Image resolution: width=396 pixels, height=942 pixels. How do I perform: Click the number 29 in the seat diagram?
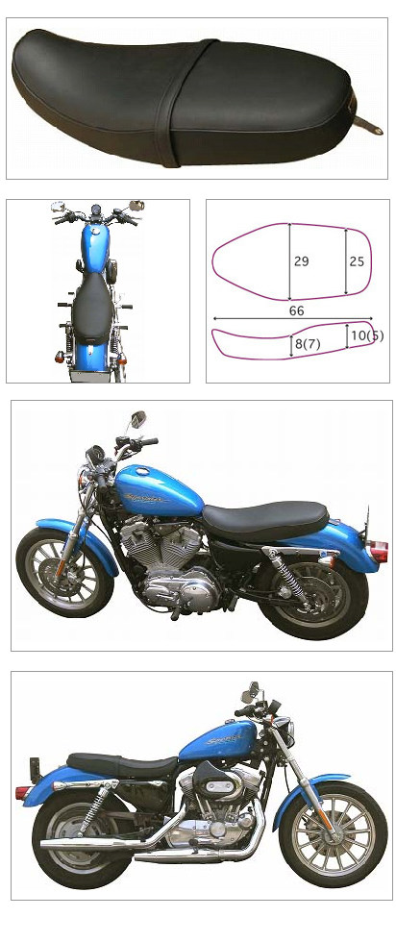click(x=301, y=261)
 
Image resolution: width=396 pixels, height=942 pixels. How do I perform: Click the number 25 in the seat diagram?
click(x=357, y=261)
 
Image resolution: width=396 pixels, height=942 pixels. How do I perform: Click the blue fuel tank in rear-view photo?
click(x=94, y=252)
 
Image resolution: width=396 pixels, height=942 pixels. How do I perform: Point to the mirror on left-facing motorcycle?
click(x=138, y=419)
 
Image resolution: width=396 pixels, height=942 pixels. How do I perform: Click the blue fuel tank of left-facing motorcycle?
click(x=159, y=491)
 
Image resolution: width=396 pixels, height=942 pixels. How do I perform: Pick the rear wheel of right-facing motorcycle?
click(x=76, y=842)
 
